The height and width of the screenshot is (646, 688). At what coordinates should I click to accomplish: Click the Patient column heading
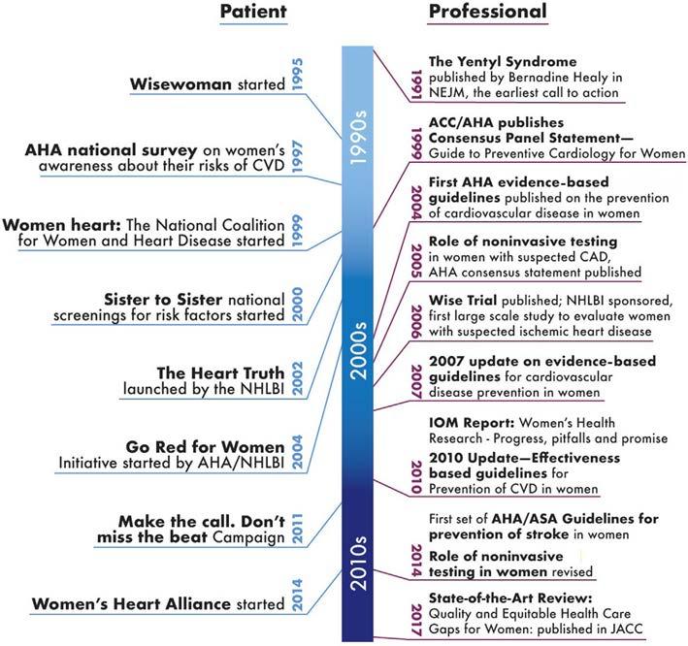(254, 13)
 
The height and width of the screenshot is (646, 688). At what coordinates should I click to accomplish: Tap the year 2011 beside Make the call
(297, 525)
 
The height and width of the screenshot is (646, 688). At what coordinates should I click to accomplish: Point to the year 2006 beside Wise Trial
(415, 321)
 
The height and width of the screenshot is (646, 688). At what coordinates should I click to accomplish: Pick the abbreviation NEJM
(450, 92)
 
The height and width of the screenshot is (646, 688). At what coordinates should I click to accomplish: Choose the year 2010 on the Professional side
(415, 473)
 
